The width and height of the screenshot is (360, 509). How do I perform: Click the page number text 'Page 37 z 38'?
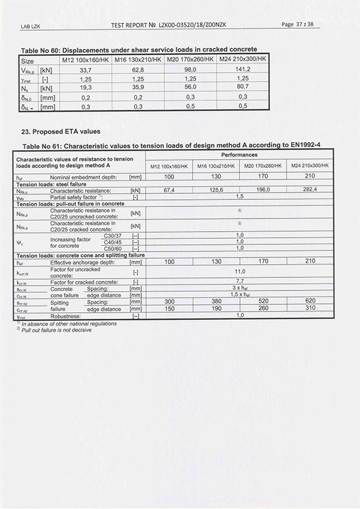301,24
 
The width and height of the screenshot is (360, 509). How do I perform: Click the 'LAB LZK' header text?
30,26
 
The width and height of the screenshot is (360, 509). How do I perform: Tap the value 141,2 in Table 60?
243,69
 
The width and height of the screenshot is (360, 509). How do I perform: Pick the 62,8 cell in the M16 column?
139,69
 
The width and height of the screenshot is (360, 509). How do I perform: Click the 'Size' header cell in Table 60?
28,61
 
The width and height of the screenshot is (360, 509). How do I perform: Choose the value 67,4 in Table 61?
169,190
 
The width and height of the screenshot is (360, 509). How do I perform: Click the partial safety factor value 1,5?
239,196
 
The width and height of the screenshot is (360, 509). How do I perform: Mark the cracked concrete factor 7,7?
239,281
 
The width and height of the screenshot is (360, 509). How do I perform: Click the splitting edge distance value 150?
169,309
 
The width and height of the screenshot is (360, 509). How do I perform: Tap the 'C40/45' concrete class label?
113,241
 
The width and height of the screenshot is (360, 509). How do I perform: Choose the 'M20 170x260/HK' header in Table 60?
191,60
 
